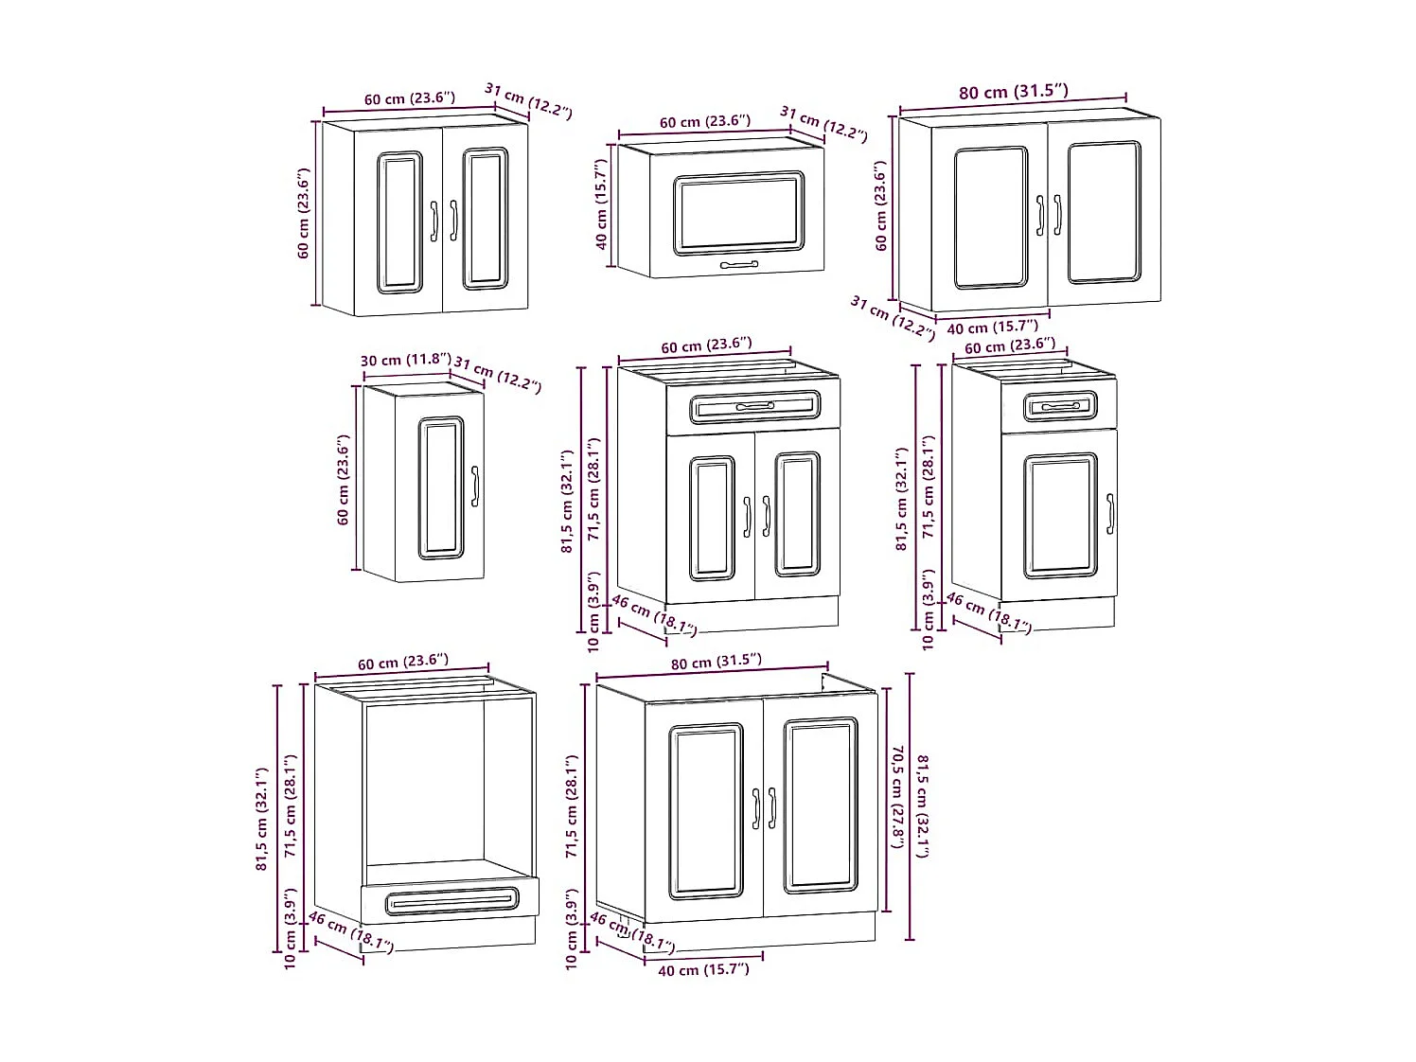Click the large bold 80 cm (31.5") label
[1013, 92]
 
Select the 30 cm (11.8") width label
[405, 360]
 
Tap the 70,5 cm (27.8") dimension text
[896, 796]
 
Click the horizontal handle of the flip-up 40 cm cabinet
[738, 265]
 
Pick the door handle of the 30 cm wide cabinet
[475, 486]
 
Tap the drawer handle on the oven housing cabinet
[451, 902]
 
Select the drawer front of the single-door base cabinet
[1059, 407]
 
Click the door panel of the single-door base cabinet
[1060, 516]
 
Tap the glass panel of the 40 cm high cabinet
[738, 214]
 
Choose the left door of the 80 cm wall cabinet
[990, 217]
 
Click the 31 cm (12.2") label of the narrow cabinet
[497, 374]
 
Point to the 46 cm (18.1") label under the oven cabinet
[350, 932]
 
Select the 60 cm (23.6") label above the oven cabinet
[403, 661]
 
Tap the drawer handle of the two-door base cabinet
[754, 407]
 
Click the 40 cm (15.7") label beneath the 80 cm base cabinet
[702, 969]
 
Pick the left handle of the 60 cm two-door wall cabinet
[434, 221]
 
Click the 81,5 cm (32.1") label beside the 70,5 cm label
[922, 805]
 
